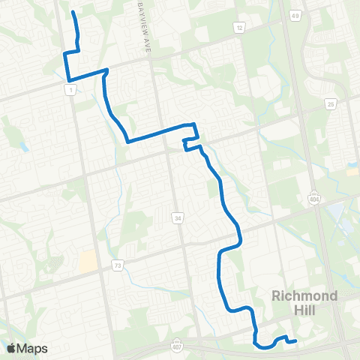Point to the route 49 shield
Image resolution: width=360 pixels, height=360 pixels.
tap(296, 15)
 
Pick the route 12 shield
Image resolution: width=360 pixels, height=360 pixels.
tap(239, 28)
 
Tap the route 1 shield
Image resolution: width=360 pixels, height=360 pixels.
tap(70, 89)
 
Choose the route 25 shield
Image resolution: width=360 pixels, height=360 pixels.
tap(331, 105)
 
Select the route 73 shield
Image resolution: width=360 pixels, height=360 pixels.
tap(117, 265)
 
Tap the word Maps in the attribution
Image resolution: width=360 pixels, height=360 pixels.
tap(32, 348)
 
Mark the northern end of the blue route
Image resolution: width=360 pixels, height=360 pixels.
tap(72, 13)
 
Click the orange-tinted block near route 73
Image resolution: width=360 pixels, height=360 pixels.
tap(88, 261)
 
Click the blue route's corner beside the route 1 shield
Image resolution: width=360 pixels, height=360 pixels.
tap(69, 79)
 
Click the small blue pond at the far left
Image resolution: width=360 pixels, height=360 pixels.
tap(25, 145)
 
